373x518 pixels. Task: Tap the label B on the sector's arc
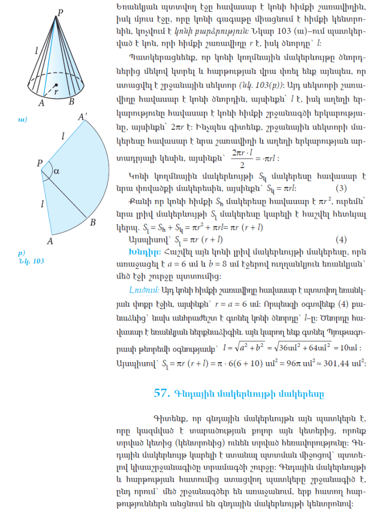[93, 222]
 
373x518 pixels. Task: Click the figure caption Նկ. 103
[30, 260]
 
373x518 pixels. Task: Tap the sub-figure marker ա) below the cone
[22, 119]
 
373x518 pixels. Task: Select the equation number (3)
[340, 189]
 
